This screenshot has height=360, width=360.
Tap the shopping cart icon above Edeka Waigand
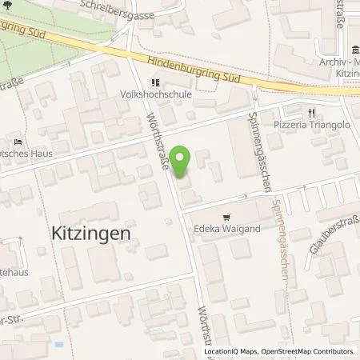point(226,217)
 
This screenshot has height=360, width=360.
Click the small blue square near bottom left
point(58,345)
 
